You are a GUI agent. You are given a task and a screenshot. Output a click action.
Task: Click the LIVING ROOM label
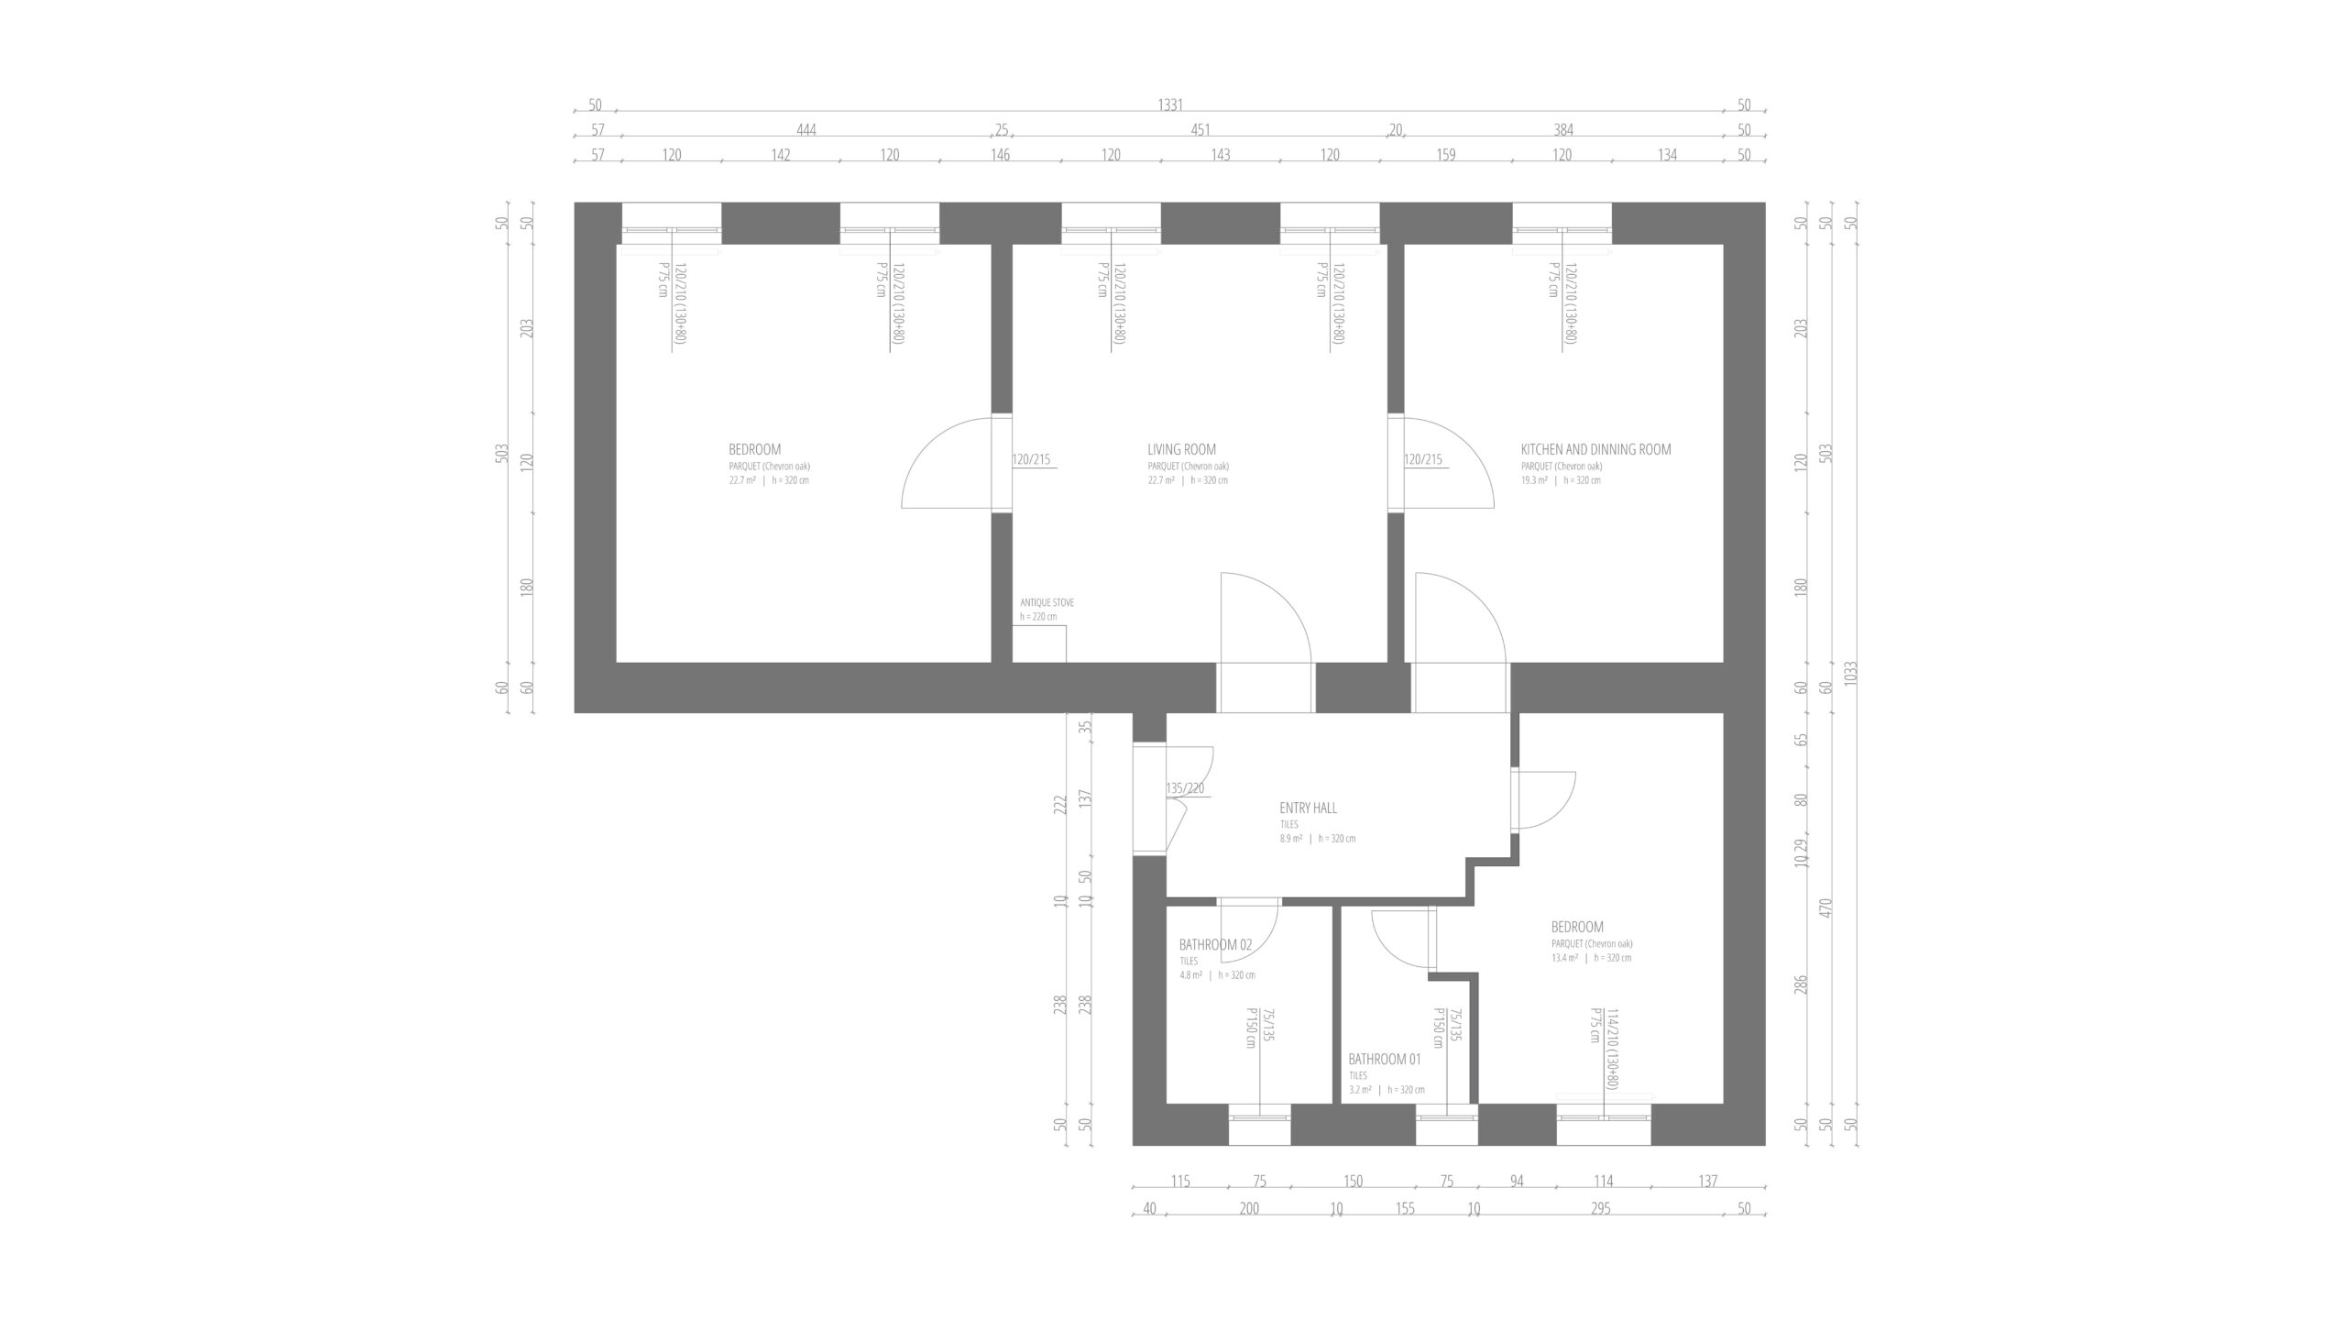tap(1181, 449)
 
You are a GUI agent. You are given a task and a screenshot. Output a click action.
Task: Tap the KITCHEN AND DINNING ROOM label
tap(1595, 449)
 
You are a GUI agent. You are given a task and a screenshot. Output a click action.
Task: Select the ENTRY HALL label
tap(1308, 808)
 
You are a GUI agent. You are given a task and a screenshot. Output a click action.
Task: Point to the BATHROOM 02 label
tap(1215, 944)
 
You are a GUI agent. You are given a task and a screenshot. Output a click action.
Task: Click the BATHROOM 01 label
tap(1384, 1059)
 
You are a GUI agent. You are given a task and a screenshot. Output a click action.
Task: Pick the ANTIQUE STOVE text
tap(1047, 603)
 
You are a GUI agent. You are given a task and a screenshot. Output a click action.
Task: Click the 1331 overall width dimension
tap(1170, 105)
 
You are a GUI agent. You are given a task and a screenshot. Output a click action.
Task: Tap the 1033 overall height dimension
tap(1852, 674)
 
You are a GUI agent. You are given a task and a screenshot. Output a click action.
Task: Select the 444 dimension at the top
tap(806, 130)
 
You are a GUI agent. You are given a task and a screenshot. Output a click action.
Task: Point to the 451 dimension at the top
tap(1200, 130)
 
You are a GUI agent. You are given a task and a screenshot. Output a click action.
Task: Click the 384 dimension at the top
tap(1562, 130)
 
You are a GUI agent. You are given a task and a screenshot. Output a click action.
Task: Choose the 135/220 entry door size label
tap(1185, 788)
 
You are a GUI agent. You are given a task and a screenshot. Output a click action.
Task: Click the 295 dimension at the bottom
tap(1600, 1208)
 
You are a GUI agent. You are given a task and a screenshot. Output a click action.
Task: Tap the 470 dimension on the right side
tap(1825, 909)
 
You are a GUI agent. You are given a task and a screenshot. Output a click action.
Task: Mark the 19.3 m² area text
tap(1534, 480)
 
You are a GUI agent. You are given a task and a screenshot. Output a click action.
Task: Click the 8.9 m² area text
tap(1291, 839)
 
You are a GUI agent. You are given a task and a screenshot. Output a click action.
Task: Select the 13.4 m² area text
tap(1564, 958)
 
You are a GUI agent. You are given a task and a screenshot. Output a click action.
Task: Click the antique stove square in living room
tap(1039, 643)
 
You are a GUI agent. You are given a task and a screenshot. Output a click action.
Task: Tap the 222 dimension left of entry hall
tap(1060, 804)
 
